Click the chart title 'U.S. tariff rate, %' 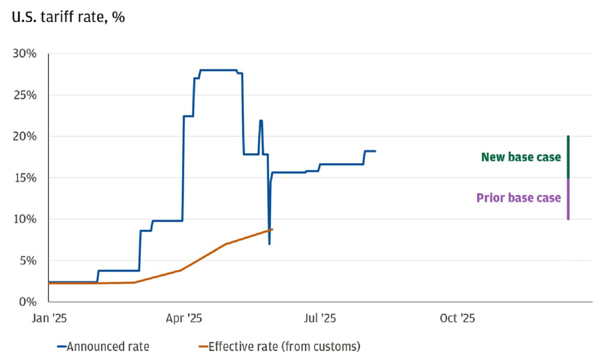[68, 17]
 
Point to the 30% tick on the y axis [24, 54]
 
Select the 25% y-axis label [24, 95]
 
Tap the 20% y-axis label [24, 137]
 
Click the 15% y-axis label [25, 178]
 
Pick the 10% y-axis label [25, 219]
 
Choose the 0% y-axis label [28, 302]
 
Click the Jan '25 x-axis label [49, 318]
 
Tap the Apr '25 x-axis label [184, 318]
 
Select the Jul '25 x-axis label [319, 318]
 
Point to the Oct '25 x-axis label [457, 318]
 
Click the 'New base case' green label [521, 157]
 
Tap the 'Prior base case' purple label [518, 198]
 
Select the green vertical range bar [568, 157]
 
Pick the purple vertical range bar [568, 199]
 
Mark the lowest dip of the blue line [269, 243]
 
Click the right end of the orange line [272, 229]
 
